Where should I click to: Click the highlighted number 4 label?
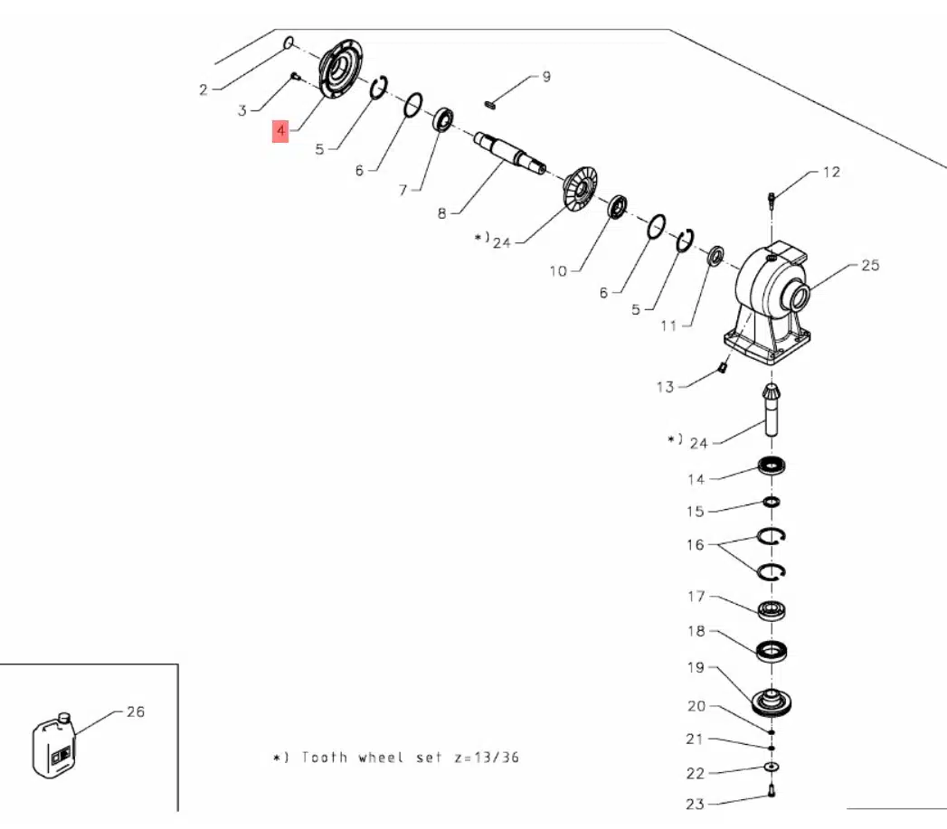point(281,132)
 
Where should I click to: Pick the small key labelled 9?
point(491,104)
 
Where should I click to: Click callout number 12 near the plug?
point(830,172)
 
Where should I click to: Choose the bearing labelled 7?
point(444,119)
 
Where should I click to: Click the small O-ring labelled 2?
point(289,42)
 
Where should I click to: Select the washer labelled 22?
point(771,768)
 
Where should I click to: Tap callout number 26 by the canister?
point(135,711)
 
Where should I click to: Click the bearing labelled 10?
point(618,207)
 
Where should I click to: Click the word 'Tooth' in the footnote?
point(324,757)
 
